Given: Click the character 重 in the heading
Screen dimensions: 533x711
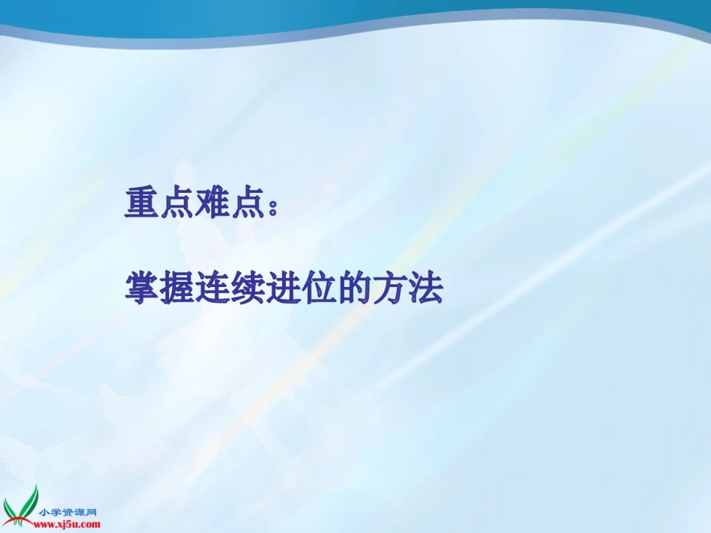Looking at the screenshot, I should (142, 203).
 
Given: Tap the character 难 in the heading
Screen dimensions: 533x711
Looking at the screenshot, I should (213, 203).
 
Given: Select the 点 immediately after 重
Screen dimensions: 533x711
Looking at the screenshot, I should (178, 203).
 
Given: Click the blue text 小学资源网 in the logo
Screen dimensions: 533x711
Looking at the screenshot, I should (69, 513).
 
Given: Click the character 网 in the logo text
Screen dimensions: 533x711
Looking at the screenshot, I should (94, 513).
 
